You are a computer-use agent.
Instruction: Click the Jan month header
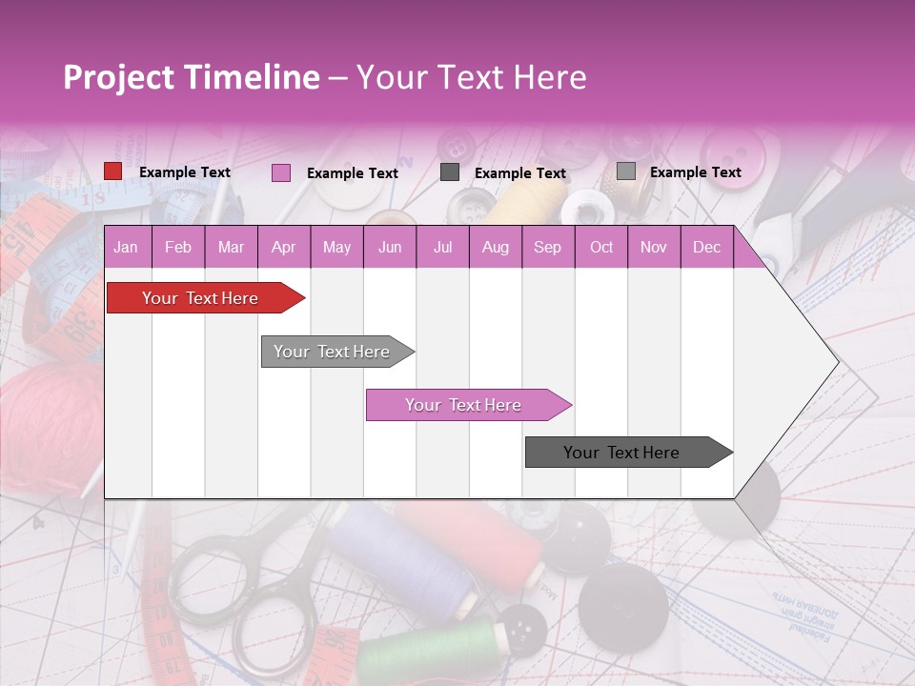(x=126, y=248)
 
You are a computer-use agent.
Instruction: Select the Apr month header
(x=283, y=248)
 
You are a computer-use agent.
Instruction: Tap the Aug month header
(x=495, y=248)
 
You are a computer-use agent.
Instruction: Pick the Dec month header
(x=706, y=248)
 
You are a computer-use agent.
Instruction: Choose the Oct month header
(x=601, y=248)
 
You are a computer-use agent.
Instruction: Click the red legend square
(x=112, y=171)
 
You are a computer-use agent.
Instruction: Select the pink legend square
(x=280, y=172)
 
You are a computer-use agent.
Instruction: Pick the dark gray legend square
(x=450, y=171)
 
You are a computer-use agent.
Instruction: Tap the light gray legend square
(x=625, y=171)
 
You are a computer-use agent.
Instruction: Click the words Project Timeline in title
(x=192, y=77)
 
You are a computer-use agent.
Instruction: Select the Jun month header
(x=390, y=248)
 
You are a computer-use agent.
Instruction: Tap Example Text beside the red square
(x=185, y=172)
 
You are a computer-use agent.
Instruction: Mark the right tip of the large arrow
(x=837, y=362)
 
